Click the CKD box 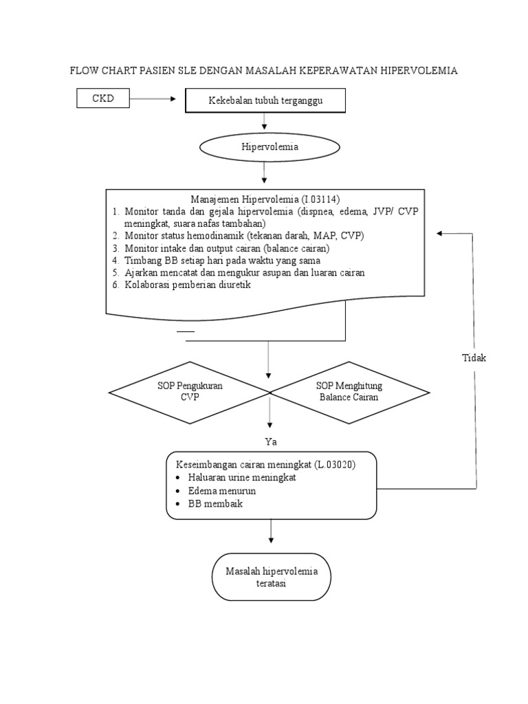(x=102, y=99)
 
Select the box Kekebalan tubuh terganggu (x=265, y=102)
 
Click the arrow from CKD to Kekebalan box (x=155, y=100)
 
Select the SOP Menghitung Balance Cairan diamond (x=349, y=392)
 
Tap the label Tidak (x=474, y=357)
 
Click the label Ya (x=269, y=441)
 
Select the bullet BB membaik (x=215, y=504)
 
